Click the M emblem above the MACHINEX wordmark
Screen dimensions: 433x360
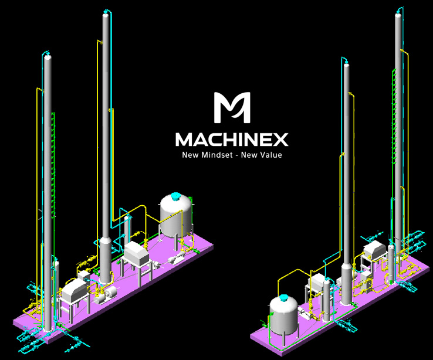pos(232,107)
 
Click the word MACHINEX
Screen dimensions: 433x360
pos(232,140)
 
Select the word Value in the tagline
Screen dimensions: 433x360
pos(271,155)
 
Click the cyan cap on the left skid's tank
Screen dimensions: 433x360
pos(175,196)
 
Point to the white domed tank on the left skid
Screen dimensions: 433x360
pos(176,215)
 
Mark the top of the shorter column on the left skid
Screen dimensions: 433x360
pos(48,56)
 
